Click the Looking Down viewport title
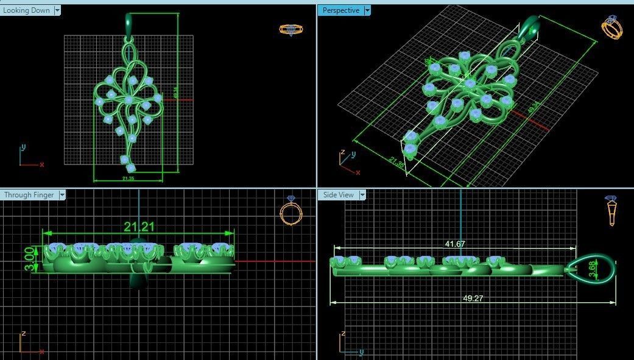[27, 10]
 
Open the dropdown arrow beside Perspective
[367, 10]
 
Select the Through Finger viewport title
[29, 195]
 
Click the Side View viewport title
[338, 195]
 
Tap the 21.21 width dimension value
[139, 227]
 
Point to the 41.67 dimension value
[455, 244]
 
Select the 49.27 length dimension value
[455, 298]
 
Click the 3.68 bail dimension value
[593, 270]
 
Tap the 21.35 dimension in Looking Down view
[127, 178]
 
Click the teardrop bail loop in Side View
[591, 269]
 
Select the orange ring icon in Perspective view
[611, 27]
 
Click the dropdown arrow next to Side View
[362, 195]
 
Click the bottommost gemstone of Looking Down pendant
[130, 168]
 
